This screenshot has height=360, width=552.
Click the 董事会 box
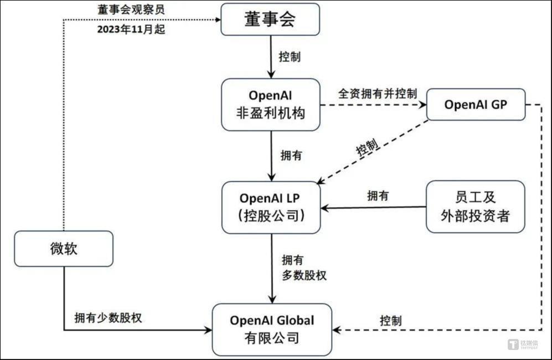[x=271, y=19]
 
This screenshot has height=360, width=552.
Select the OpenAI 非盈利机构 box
[x=271, y=104]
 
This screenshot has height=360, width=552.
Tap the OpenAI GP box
[x=476, y=104]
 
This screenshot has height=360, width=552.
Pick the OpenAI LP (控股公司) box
[x=271, y=207]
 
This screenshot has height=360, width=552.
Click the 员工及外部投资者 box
[x=475, y=206]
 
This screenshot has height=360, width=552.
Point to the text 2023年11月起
[x=131, y=30]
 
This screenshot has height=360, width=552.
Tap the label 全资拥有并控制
[x=378, y=93]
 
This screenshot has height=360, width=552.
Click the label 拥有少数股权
[x=109, y=318]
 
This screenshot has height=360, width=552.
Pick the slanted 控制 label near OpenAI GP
[x=368, y=148]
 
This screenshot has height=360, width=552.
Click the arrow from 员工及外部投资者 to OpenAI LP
[x=374, y=208]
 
